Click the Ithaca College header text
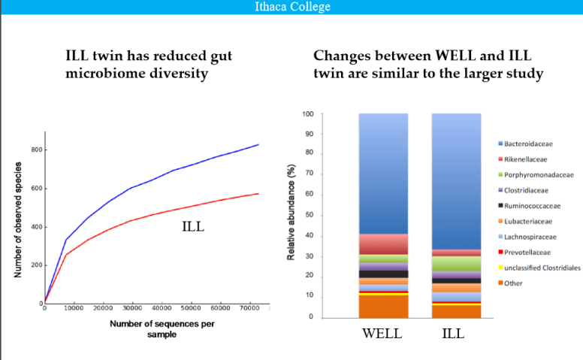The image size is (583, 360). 291,7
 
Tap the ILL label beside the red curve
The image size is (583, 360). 195,226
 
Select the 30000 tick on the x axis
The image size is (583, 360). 132,309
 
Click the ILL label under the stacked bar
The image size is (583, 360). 453,333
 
